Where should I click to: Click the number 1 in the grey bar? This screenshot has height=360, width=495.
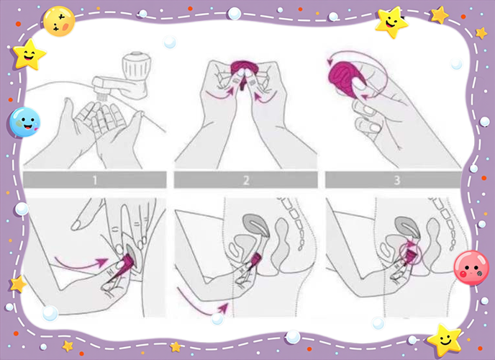click(95, 180)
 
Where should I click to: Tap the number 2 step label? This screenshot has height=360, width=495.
click(246, 180)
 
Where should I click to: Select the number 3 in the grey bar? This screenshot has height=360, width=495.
click(397, 180)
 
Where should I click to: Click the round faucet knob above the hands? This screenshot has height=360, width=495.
click(137, 66)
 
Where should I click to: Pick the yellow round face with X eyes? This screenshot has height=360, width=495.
click(59, 22)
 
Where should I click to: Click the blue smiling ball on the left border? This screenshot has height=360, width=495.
click(24, 122)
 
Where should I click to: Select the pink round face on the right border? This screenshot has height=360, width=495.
click(471, 268)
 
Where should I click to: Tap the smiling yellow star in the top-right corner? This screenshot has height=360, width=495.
click(391, 23)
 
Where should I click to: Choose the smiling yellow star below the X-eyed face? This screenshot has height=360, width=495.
click(29, 55)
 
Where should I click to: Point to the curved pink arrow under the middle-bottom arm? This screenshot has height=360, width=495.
click(201, 305)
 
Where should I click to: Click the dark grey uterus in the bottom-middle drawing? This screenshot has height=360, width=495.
click(256, 225)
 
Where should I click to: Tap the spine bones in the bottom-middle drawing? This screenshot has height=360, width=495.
click(294, 223)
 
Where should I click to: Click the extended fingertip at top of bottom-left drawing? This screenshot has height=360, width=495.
click(76, 225)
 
